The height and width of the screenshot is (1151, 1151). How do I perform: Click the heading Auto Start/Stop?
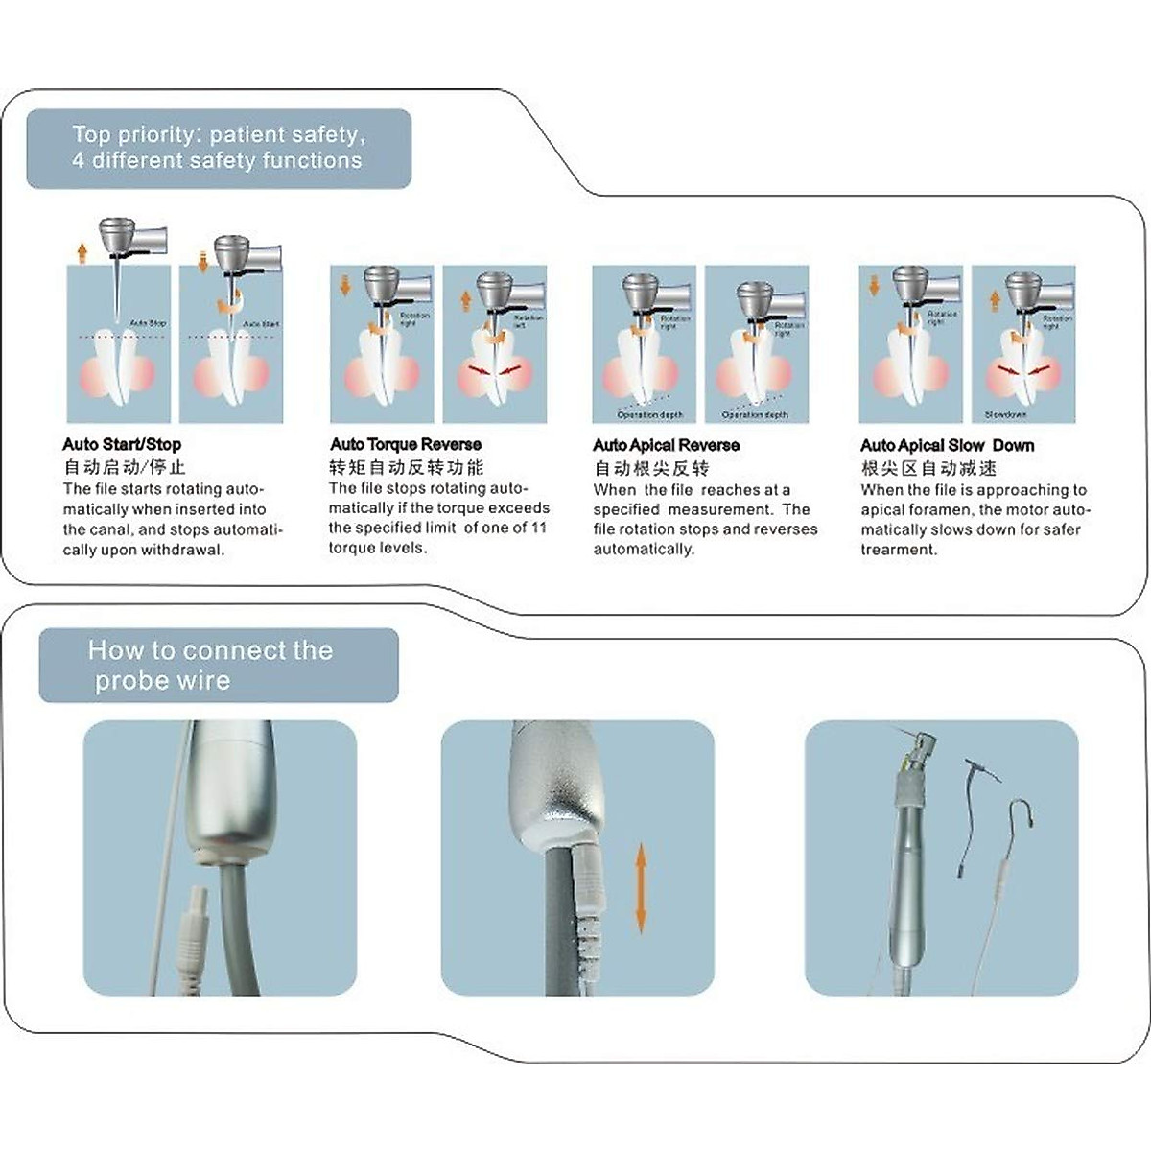[121, 444]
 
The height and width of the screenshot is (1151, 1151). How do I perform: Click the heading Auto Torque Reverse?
[405, 444]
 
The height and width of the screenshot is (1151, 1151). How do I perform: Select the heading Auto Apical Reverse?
[666, 445]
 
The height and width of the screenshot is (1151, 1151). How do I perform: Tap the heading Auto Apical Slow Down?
[947, 445]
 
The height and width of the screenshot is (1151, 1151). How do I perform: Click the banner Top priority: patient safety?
[218, 148]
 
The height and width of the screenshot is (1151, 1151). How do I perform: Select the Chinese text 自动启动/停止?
[124, 467]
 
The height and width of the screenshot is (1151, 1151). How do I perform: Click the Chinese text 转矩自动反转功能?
[406, 467]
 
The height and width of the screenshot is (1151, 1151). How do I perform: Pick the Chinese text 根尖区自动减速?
[928, 468]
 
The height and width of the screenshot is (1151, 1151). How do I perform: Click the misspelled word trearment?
[899, 550]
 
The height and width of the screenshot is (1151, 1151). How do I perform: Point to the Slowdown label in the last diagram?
[1005, 415]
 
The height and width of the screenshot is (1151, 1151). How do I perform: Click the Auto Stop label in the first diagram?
[148, 324]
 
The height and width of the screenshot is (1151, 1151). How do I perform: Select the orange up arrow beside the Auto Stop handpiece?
[82, 252]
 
